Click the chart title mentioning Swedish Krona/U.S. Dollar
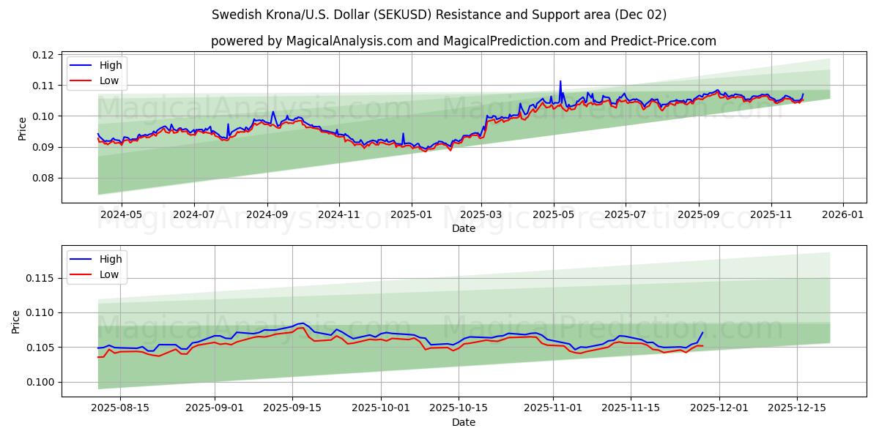pos(439,15)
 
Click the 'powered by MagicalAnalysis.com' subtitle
pos(463,41)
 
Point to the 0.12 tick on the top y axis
pos(43,55)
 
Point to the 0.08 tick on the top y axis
pos(43,178)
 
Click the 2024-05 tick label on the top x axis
pos(121,216)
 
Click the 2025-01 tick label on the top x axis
pos(411,216)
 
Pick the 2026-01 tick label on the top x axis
pos(843,216)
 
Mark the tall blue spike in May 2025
pos(560,82)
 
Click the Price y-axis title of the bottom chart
pos(17,321)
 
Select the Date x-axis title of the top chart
pos(463,228)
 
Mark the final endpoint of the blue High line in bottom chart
pos(702,332)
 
